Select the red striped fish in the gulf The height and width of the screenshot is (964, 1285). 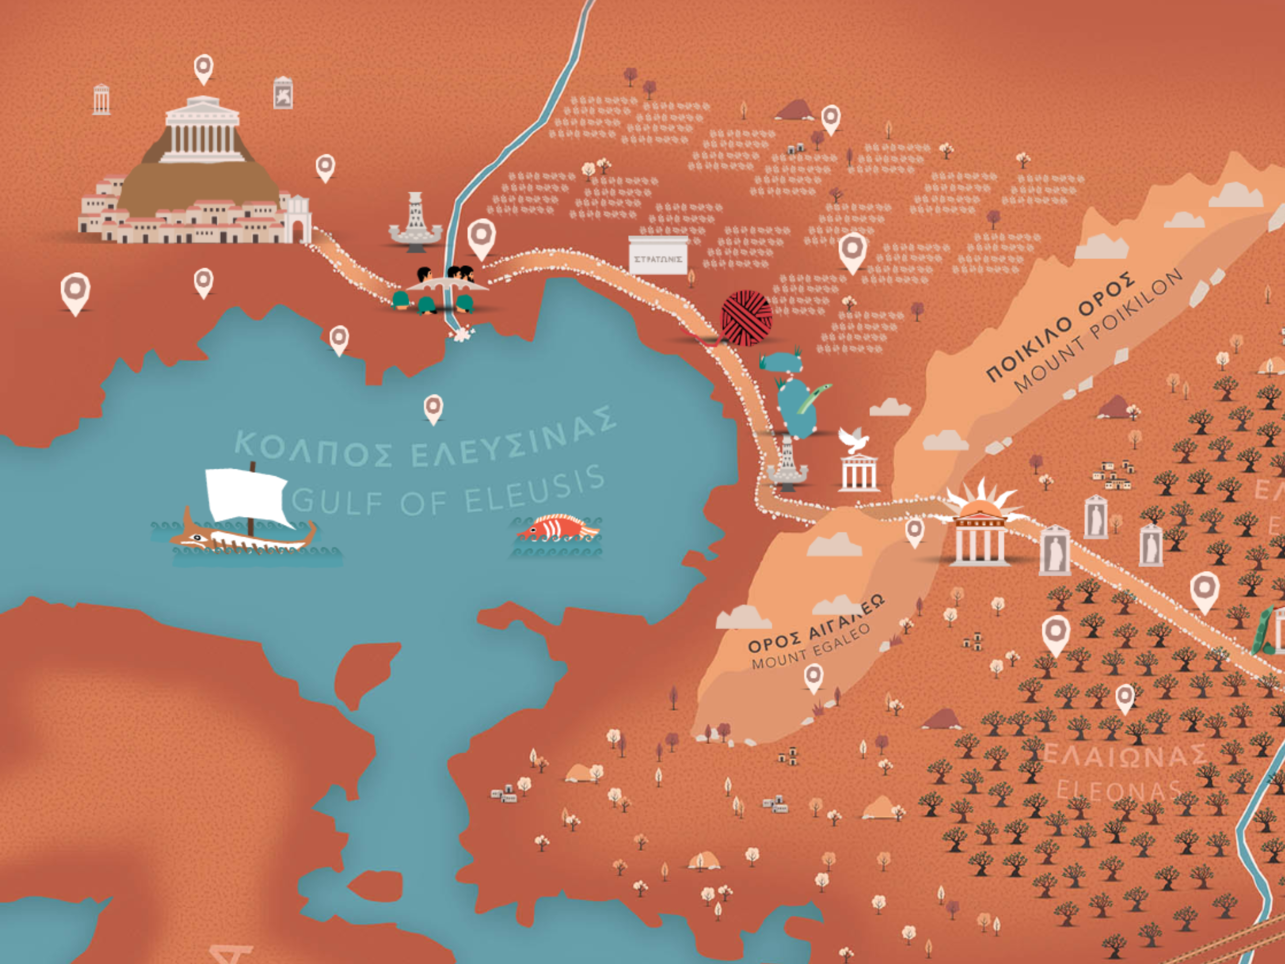click(x=558, y=527)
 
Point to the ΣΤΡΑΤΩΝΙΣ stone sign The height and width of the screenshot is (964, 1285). click(x=658, y=256)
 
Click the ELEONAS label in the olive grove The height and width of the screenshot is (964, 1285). click(x=1118, y=790)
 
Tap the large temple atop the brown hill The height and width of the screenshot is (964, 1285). click(x=202, y=131)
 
